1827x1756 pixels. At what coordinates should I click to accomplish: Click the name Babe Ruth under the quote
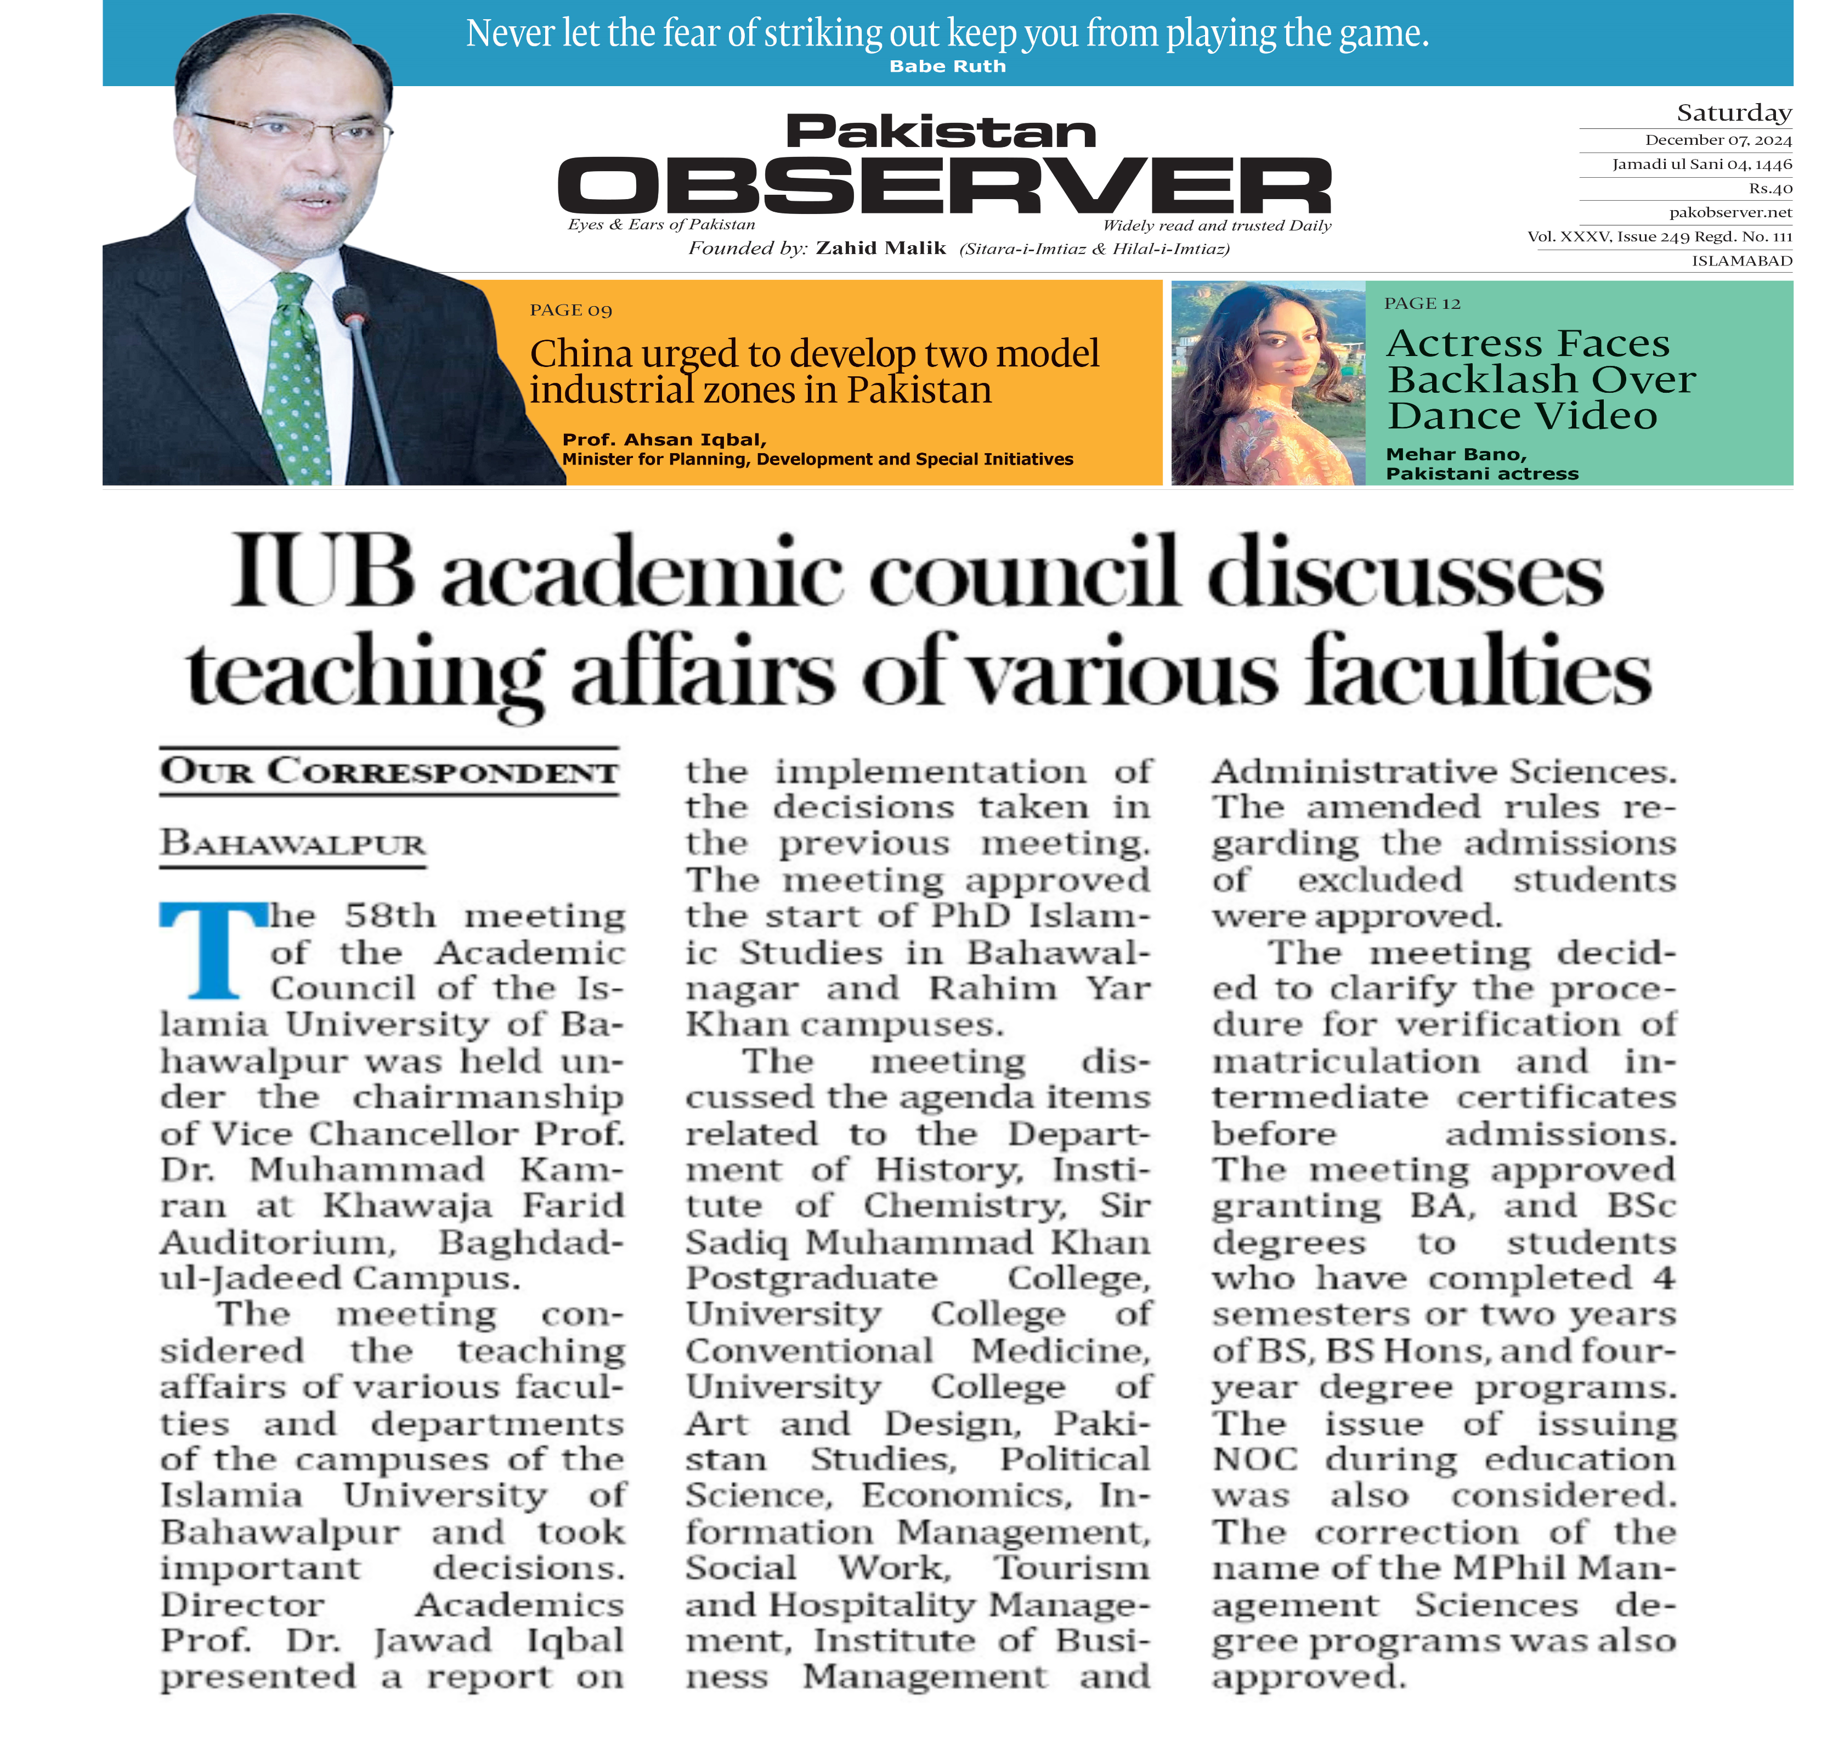coord(947,66)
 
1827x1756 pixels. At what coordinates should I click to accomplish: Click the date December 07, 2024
coord(1718,140)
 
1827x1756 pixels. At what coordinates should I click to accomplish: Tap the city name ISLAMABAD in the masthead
coord(1741,261)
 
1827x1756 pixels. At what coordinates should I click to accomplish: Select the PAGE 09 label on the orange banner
coord(570,310)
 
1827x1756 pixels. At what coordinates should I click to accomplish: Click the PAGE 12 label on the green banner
coord(1422,304)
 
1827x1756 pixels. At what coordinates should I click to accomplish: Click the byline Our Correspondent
coord(389,772)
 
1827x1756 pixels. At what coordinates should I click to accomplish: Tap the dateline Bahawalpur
coord(293,844)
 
